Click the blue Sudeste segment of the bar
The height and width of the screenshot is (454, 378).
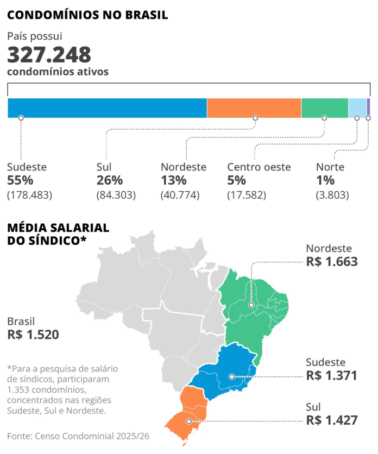click(x=107, y=108)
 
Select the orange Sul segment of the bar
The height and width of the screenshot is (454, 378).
click(x=254, y=108)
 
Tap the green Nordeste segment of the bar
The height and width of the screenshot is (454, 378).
click(x=325, y=108)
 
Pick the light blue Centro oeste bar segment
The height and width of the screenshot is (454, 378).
click(x=357, y=108)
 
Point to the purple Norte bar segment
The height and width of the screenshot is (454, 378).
click(x=368, y=108)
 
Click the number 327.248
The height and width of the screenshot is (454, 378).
click(x=49, y=55)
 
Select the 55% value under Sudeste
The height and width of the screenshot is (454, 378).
click(x=21, y=180)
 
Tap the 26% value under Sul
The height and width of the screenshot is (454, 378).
click(x=109, y=180)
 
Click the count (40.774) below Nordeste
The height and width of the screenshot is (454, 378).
click(x=180, y=195)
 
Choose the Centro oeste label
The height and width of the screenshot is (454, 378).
click(x=259, y=167)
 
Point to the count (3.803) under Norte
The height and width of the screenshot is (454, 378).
click(x=332, y=195)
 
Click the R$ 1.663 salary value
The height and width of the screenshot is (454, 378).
click(x=332, y=262)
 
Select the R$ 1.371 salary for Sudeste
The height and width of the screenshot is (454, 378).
click(x=331, y=375)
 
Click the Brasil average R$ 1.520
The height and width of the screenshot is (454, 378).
click(x=33, y=335)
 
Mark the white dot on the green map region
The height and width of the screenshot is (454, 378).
click(x=251, y=305)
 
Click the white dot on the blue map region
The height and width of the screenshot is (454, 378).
click(x=232, y=376)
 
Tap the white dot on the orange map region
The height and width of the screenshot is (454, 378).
click(x=189, y=421)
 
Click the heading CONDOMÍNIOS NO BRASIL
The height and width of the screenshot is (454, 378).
click(x=87, y=15)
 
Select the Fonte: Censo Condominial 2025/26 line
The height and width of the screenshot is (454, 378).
click(x=78, y=436)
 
